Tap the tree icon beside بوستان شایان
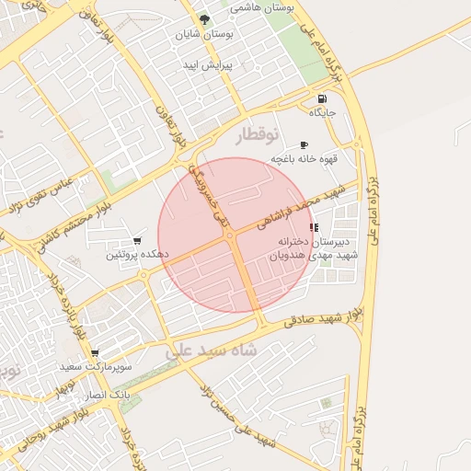coord(205,19)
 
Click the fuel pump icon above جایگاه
coord(321,98)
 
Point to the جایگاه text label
coord(323,112)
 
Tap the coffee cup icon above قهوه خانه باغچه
coord(304,145)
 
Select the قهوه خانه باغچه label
coord(304,159)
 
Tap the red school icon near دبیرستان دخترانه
coord(314,227)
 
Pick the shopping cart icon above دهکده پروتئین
coord(138,240)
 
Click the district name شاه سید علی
coord(213,350)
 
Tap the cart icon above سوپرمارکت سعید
coord(95,353)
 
